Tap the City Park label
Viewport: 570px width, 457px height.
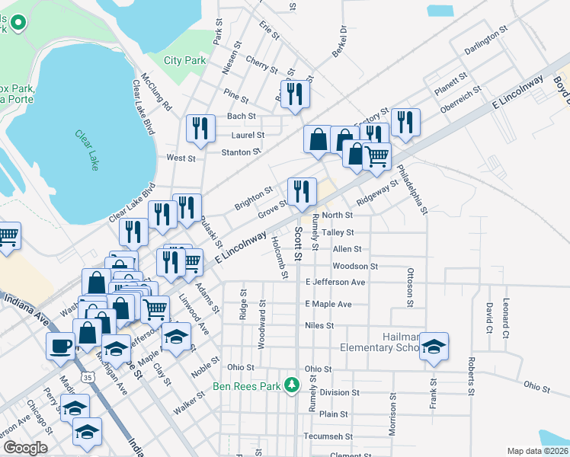click(x=185, y=60)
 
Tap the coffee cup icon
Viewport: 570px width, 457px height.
click(x=61, y=345)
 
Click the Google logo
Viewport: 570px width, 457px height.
click(x=26, y=448)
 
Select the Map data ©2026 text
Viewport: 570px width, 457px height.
click(x=537, y=451)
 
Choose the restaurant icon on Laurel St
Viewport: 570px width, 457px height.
click(x=200, y=127)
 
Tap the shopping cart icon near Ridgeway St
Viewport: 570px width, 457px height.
click(x=376, y=156)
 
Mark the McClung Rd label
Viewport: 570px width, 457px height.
click(x=157, y=91)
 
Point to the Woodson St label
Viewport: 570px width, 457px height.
click(x=355, y=267)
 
